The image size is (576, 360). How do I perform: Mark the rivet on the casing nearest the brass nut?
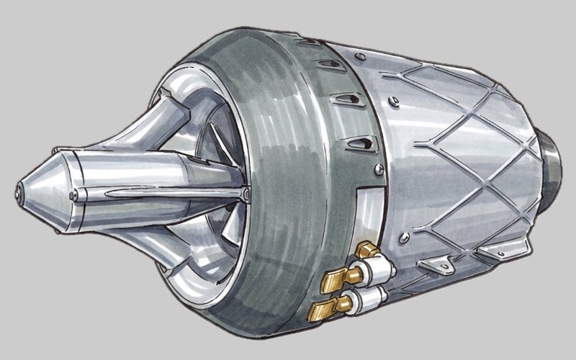point(406,237)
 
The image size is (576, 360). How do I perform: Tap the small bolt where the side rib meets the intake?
point(246,195)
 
